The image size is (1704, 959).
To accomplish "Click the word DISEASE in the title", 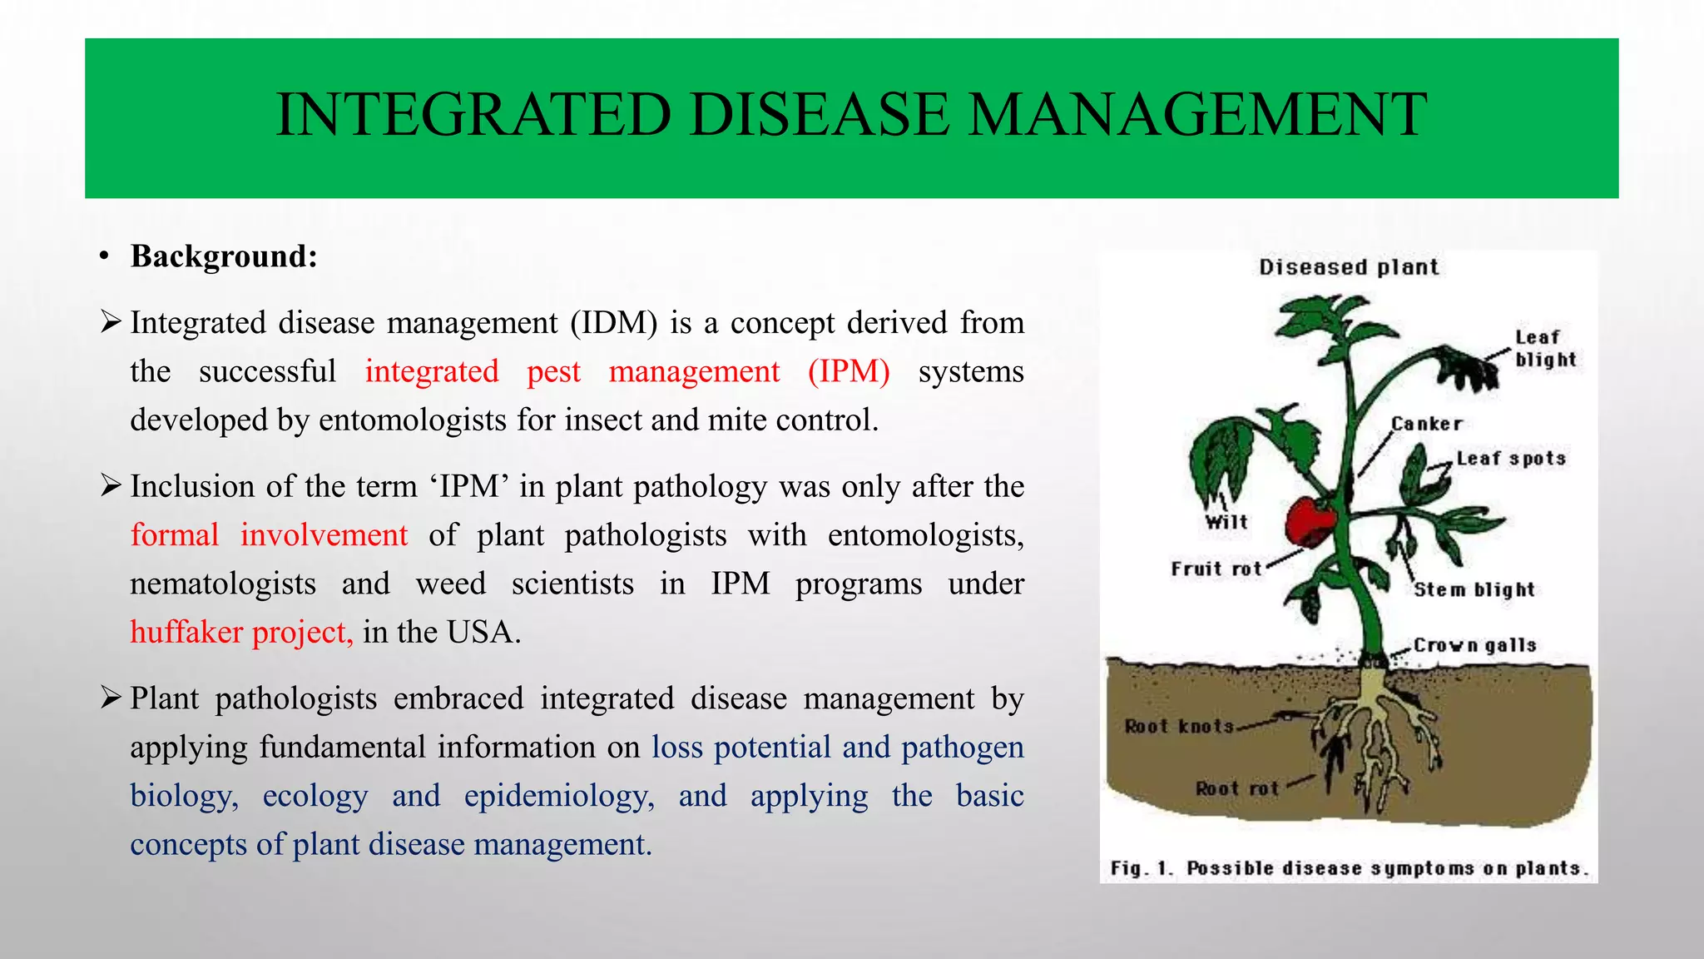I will click(x=819, y=115).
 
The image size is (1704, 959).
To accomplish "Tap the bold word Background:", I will click(x=224, y=256).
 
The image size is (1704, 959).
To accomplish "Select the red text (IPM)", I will click(x=848, y=371).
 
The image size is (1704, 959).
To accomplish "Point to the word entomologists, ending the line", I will click(x=925, y=535).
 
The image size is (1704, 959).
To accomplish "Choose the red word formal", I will click(x=175, y=535).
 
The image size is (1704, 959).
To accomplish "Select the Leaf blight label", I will click(x=1544, y=349).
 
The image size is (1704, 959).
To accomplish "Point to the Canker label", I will click(x=1426, y=424).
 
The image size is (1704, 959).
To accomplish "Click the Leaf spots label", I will click(x=1511, y=459).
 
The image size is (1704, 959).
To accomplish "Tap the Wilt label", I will click(x=1226, y=522).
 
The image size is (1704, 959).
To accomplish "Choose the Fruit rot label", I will click(x=1216, y=569).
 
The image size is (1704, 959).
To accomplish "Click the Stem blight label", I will click(x=1474, y=589).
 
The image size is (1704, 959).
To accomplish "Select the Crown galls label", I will click(x=1474, y=645).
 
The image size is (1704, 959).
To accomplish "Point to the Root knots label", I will click(x=1179, y=726).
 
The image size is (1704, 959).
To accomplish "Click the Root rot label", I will click(x=1236, y=788).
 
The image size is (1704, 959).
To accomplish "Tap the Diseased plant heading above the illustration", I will click(x=1348, y=267).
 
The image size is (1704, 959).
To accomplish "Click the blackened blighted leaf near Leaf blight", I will click(x=1469, y=370).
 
